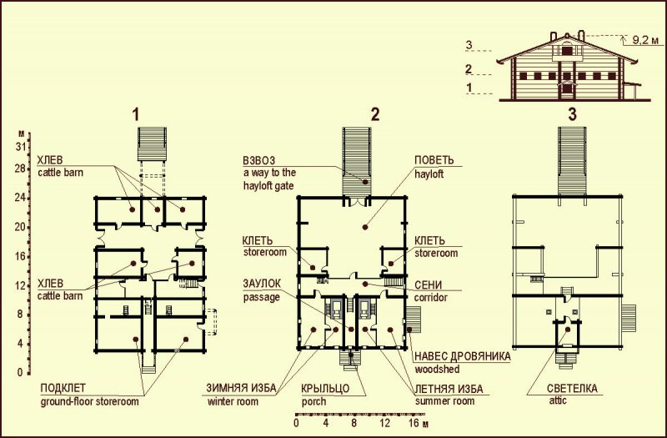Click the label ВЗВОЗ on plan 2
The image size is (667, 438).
tap(259, 160)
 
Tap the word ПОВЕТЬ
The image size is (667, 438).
tap(434, 160)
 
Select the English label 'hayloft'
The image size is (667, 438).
tap(429, 174)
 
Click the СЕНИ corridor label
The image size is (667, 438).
tap(428, 284)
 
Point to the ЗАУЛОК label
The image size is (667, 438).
tap(262, 284)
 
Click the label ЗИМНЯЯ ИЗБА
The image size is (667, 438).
tap(241, 388)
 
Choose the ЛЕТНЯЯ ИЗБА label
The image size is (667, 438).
tap(449, 389)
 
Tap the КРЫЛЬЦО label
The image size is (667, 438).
tap(325, 389)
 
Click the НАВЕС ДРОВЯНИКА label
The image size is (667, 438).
tap(463, 356)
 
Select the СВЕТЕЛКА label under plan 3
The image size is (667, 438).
tap(572, 388)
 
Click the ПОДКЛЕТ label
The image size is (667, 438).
tap(63, 388)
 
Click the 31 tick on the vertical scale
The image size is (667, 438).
tap(21, 147)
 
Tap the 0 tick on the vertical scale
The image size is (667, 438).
tap(20, 372)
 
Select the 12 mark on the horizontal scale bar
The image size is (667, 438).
tap(384, 424)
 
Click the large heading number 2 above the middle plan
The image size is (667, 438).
tap(374, 115)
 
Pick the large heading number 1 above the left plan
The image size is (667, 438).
tap(136, 115)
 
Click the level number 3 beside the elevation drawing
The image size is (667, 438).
tap(469, 45)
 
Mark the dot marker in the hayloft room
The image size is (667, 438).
tap(364, 227)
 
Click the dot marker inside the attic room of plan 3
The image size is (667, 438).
tap(567, 329)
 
